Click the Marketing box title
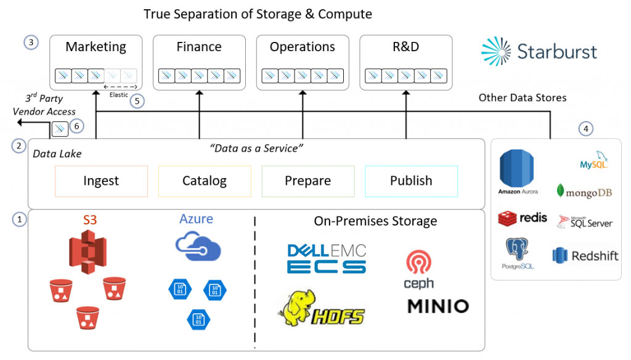coord(96,47)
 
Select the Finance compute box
coord(199,62)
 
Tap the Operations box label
coord(302,47)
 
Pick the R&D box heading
coord(405,47)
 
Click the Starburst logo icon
coord(497,51)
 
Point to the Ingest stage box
coord(101,181)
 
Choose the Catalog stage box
coord(205,181)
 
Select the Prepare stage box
coord(307,181)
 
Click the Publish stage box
coord(411,181)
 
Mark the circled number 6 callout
coord(77,125)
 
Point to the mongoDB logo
coord(584,192)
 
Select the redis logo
coord(522,218)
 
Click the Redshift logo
coord(585,255)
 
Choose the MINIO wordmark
coord(438,306)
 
